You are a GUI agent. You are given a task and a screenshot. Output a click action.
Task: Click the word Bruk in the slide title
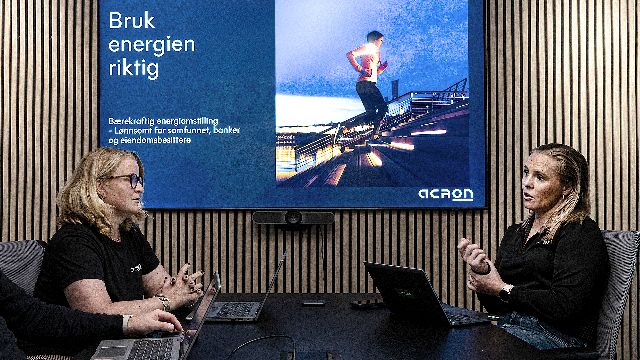132,21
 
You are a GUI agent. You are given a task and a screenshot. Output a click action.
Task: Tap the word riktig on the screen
134,68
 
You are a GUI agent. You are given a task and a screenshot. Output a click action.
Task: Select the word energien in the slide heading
152,45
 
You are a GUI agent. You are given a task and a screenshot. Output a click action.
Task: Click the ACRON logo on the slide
446,194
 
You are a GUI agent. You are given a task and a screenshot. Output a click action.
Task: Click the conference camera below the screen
293,218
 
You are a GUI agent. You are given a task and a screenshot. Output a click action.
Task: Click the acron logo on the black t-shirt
136,268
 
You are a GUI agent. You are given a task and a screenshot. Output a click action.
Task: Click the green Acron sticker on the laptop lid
405,293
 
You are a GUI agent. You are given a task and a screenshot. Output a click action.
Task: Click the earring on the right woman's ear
563,197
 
